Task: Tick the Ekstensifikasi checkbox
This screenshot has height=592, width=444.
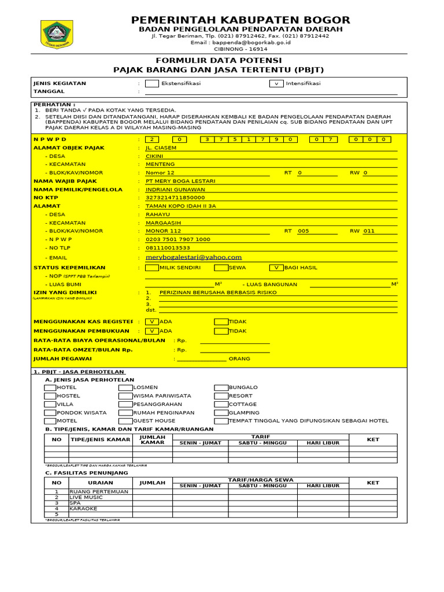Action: (x=152, y=83)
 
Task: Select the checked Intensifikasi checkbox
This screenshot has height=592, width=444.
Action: (x=276, y=83)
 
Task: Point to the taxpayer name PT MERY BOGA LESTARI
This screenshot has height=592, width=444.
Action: (x=180, y=181)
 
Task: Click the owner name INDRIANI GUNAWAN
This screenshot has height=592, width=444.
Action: (x=175, y=189)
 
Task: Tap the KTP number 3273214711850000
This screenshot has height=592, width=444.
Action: (x=175, y=197)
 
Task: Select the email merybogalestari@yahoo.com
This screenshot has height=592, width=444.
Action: (x=194, y=257)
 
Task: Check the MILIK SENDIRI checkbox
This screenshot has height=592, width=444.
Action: (x=152, y=268)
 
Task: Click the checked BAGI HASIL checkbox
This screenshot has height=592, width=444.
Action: (x=276, y=268)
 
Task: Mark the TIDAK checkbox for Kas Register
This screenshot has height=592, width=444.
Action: (x=221, y=321)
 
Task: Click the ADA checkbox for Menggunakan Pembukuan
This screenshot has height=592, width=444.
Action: (x=152, y=331)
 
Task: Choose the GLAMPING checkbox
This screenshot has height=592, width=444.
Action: (x=221, y=413)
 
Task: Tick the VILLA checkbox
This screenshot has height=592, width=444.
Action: (x=50, y=405)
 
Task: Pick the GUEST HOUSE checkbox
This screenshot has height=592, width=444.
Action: (x=125, y=421)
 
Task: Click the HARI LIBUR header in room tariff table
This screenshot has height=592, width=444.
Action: (x=323, y=443)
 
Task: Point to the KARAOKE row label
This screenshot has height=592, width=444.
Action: (x=83, y=509)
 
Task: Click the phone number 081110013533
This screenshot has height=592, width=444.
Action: (x=168, y=247)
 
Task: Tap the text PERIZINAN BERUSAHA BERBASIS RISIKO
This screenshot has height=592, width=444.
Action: (x=218, y=293)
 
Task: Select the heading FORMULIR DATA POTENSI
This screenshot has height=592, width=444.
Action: (x=219, y=61)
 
